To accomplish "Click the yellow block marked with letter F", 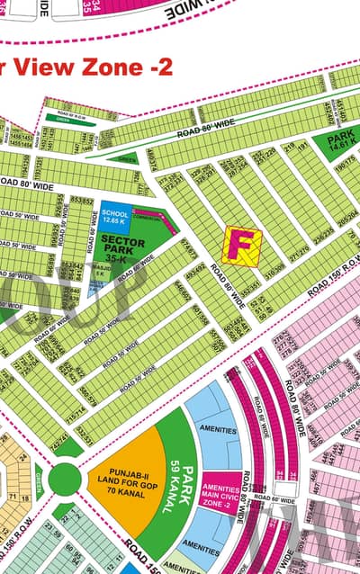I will pos(241,246).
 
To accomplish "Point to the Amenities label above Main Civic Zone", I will pos(214,430).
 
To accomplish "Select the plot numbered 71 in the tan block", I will pos(15,496).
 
